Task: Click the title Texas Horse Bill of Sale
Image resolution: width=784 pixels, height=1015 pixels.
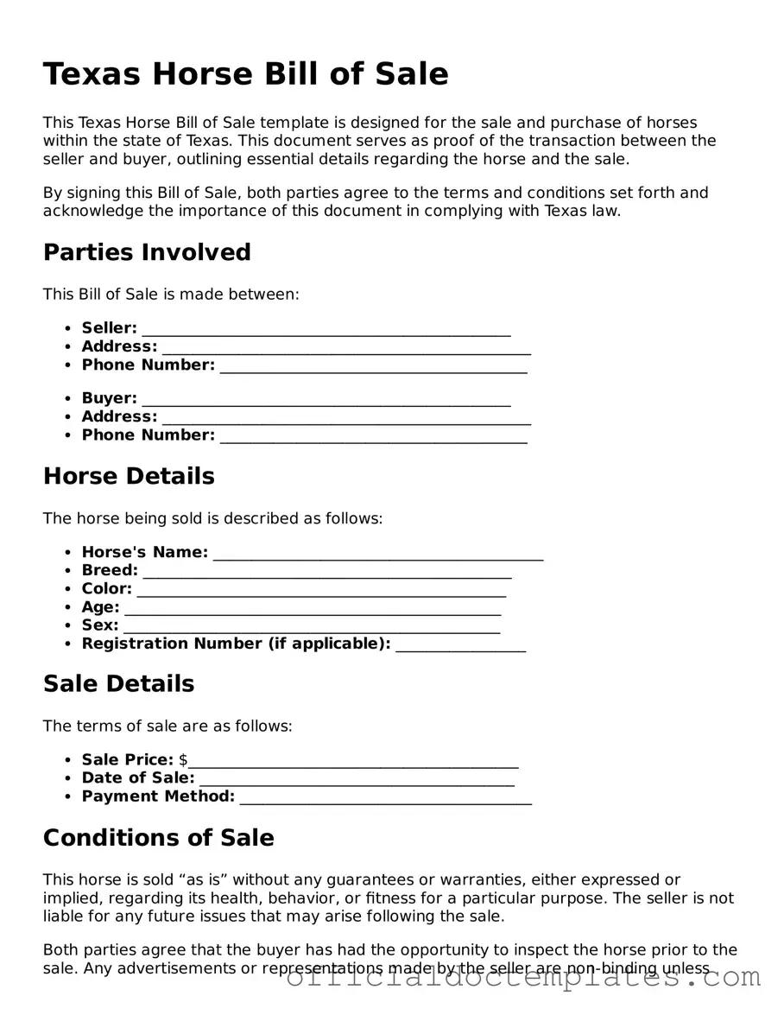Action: click(245, 74)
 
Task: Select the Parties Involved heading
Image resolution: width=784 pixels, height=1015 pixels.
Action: click(147, 252)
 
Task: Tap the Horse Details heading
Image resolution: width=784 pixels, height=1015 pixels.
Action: click(129, 476)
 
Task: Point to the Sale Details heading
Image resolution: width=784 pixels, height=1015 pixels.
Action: click(118, 683)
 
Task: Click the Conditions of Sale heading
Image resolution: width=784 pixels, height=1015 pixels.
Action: click(158, 838)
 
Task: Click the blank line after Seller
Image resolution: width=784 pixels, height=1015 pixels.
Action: click(326, 330)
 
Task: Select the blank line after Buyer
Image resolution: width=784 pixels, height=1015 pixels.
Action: click(326, 400)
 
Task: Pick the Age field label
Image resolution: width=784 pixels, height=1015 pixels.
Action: click(100, 607)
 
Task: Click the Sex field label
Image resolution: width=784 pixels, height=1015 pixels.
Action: click(99, 625)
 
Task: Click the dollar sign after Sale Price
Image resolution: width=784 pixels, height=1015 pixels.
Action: click(183, 760)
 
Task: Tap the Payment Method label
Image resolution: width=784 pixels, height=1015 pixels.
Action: click(158, 796)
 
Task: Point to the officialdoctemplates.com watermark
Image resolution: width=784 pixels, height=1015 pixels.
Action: click(522, 977)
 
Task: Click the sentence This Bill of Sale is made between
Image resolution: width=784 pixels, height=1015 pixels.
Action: click(171, 295)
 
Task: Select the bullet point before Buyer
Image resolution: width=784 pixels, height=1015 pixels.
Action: click(68, 399)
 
